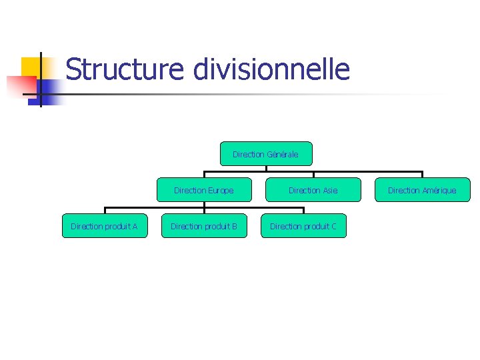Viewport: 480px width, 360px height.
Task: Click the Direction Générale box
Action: pyautogui.click(x=265, y=153)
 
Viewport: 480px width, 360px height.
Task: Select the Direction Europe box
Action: pyautogui.click(x=204, y=190)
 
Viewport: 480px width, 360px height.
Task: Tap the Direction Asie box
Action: pyautogui.click(x=313, y=190)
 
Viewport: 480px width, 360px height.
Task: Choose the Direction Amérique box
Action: pyautogui.click(x=422, y=190)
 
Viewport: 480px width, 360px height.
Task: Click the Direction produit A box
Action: pyautogui.click(x=104, y=226)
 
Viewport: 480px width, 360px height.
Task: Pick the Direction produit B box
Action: pyautogui.click(x=204, y=226)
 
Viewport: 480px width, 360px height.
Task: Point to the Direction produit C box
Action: pyautogui.click(x=303, y=226)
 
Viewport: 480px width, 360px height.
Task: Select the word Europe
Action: pyautogui.click(x=221, y=191)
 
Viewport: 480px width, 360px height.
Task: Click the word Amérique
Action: pyautogui.click(x=439, y=191)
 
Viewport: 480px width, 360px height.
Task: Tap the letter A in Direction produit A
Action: pyautogui.click(x=135, y=227)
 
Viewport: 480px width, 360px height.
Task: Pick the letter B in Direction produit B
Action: pyautogui.click(x=234, y=227)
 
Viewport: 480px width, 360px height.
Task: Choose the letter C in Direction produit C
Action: pyautogui.click(x=333, y=227)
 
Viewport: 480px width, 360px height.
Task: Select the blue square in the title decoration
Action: pyautogui.click(x=49, y=91)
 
